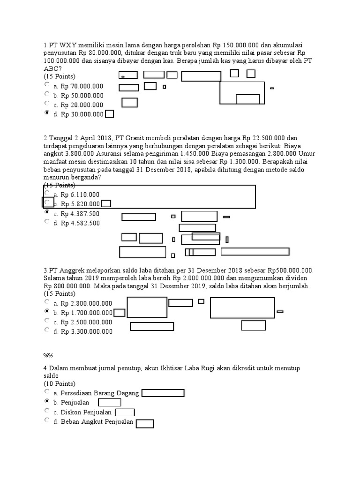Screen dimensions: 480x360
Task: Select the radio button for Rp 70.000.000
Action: point(46,84)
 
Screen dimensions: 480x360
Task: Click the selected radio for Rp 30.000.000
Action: point(46,112)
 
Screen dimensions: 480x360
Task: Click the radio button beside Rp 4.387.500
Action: point(46,212)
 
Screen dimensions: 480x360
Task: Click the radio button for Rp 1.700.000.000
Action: point(46,311)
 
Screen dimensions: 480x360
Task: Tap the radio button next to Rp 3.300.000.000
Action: point(46,330)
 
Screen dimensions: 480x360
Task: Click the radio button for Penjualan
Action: point(46,401)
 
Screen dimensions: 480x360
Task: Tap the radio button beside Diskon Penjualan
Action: point(46,410)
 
